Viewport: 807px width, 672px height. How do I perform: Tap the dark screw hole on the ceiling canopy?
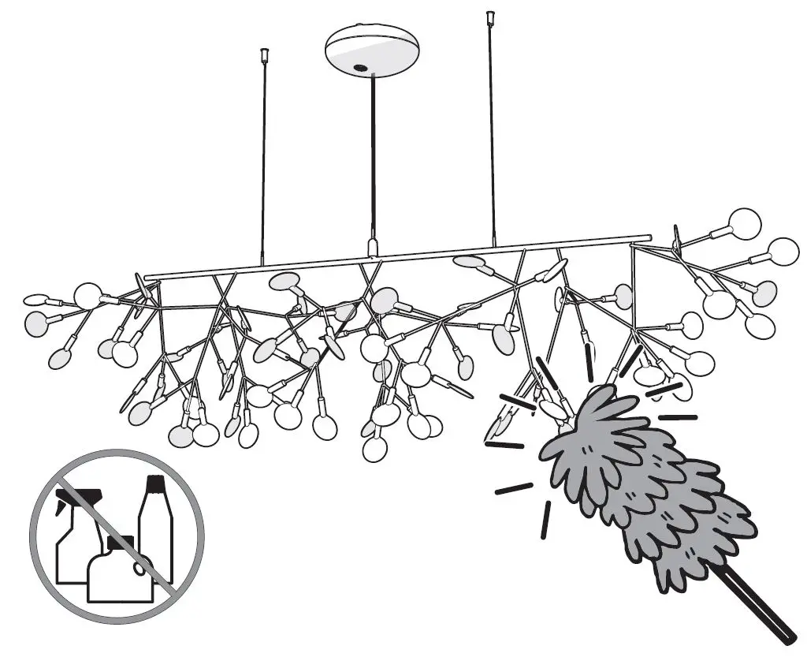(x=361, y=69)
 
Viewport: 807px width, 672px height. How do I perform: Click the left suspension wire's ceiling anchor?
(x=265, y=56)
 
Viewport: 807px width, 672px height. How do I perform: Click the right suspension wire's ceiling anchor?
(x=490, y=17)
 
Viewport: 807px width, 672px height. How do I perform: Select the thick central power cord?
(x=373, y=158)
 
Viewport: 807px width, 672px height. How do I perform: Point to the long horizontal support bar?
(x=394, y=257)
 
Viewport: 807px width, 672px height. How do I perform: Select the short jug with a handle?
(x=118, y=572)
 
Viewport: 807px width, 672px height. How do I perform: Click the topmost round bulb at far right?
(x=744, y=224)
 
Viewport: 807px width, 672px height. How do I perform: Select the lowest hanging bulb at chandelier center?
(x=375, y=449)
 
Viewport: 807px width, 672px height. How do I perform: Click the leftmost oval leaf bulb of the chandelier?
(x=36, y=300)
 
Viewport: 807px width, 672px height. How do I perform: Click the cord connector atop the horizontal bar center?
(x=373, y=247)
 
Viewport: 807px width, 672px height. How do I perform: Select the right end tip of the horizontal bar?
(x=649, y=237)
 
